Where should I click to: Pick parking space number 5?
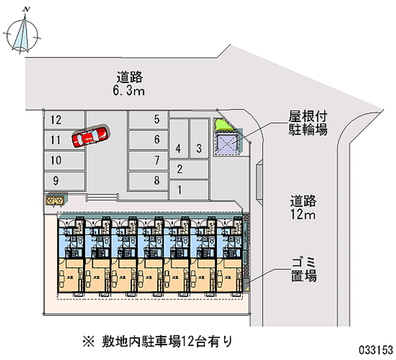click(x=148, y=119)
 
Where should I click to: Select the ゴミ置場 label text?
click(x=303, y=269)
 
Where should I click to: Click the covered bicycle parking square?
click(x=227, y=144)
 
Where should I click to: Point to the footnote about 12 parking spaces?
click(x=157, y=341)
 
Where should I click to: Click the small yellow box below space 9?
click(x=54, y=200)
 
